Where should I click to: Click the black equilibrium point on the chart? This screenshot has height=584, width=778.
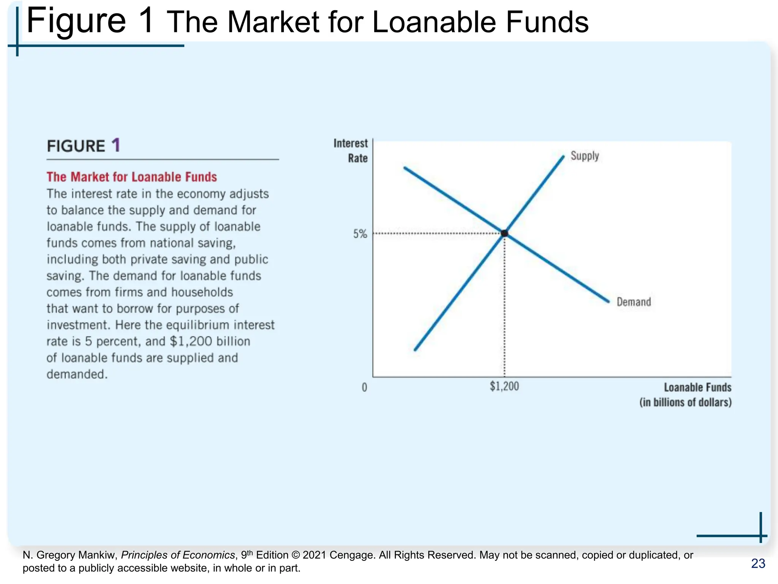pyautogui.click(x=504, y=233)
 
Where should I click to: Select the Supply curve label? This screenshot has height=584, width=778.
pyautogui.click(x=585, y=156)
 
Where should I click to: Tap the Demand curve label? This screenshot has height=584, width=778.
pyautogui.click(x=634, y=302)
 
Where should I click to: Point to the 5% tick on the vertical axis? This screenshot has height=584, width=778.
pyautogui.click(x=360, y=234)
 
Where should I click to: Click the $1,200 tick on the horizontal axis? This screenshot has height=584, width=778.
pyautogui.click(x=504, y=386)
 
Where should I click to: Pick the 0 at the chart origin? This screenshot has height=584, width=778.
pyautogui.click(x=364, y=387)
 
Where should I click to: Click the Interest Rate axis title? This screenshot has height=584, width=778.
pyautogui.click(x=351, y=151)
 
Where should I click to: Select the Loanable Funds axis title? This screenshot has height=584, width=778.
pyautogui.click(x=697, y=387)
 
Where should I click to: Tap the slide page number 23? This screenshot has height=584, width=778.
pyautogui.click(x=758, y=563)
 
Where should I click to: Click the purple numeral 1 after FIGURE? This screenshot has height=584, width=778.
pyautogui.click(x=116, y=145)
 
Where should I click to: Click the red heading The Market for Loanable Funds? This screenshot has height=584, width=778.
pyautogui.click(x=131, y=177)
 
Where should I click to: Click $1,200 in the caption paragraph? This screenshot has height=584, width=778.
pyautogui.click(x=191, y=341)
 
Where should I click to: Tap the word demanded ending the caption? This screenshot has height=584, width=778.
pyautogui.click(x=77, y=374)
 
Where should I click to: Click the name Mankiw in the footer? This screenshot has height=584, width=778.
pyautogui.click(x=99, y=555)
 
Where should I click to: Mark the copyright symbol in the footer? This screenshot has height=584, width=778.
pyautogui.click(x=296, y=555)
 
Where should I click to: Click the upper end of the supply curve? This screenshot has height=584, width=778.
pyautogui.click(x=563, y=157)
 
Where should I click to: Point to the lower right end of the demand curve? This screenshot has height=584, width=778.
pyautogui.click(x=608, y=302)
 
